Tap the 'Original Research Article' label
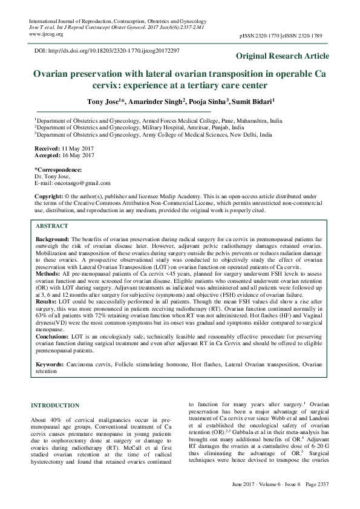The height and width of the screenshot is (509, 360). pos(283,56)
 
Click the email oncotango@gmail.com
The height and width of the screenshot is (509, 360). pos(80,183)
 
